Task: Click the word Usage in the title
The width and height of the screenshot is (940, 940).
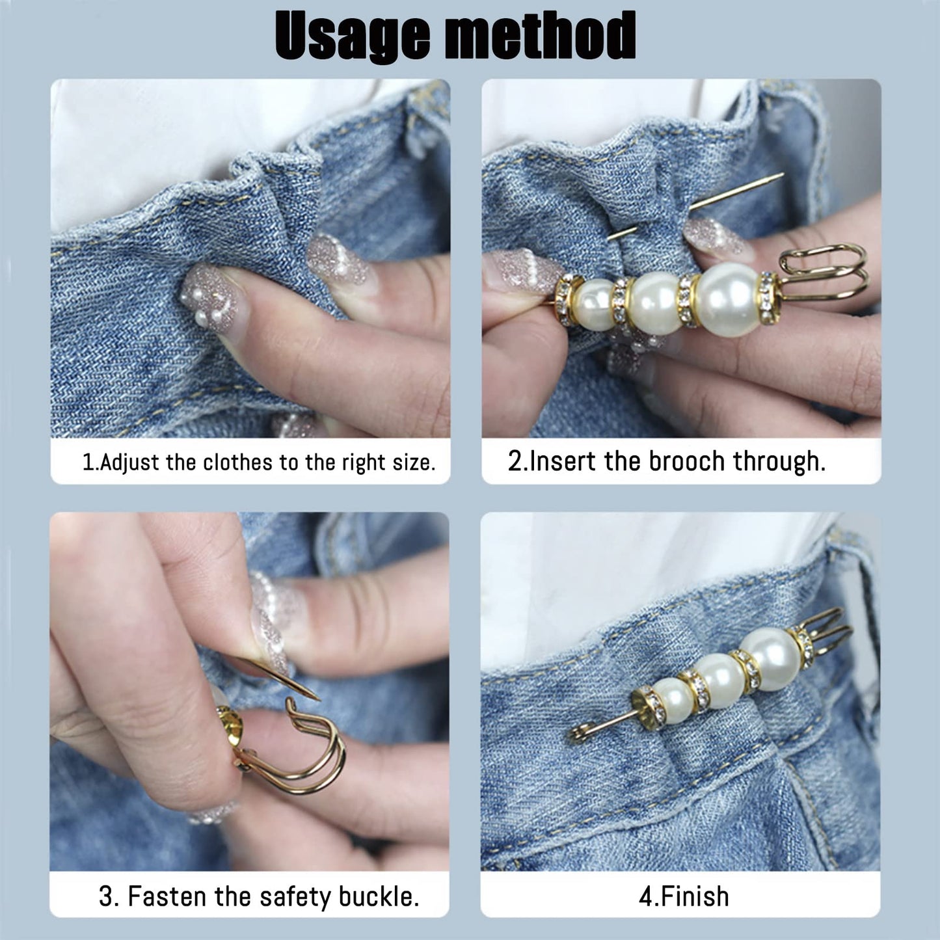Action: pos(351,36)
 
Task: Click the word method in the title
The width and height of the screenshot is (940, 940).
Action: pos(540,36)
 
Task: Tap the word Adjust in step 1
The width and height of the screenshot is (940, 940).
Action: pos(129,463)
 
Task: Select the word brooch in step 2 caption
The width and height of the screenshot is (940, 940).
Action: pos(686,461)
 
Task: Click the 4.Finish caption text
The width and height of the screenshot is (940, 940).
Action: pos(684,896)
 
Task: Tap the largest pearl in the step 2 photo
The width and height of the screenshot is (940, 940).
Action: pos(729,299)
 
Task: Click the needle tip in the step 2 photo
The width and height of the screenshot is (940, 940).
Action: pos(781,176)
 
